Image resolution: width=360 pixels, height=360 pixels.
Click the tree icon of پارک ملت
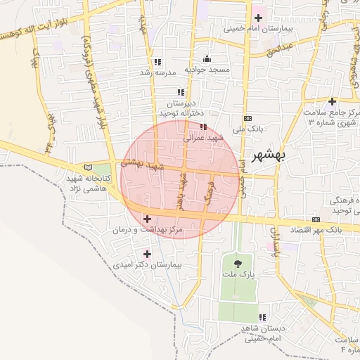(x=237, y=263)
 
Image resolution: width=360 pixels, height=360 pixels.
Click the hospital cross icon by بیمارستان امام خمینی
(x=257, y=18)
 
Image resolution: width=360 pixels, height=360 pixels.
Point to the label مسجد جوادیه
(x=207, y=70)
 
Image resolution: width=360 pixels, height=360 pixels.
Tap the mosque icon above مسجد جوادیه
(x=207, y=59)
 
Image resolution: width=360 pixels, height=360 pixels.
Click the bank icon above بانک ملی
(x=247, y=118)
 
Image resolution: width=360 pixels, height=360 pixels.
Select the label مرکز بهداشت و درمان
(x=147, y=231)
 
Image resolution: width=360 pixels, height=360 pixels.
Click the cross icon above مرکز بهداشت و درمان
(x=147, y=219)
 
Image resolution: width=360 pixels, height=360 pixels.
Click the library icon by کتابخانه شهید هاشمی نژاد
(x=88, y=167)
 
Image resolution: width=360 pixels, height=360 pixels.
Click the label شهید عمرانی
(x=203, y=138)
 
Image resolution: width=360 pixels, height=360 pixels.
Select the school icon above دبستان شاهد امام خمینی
(x=262, y=317)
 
